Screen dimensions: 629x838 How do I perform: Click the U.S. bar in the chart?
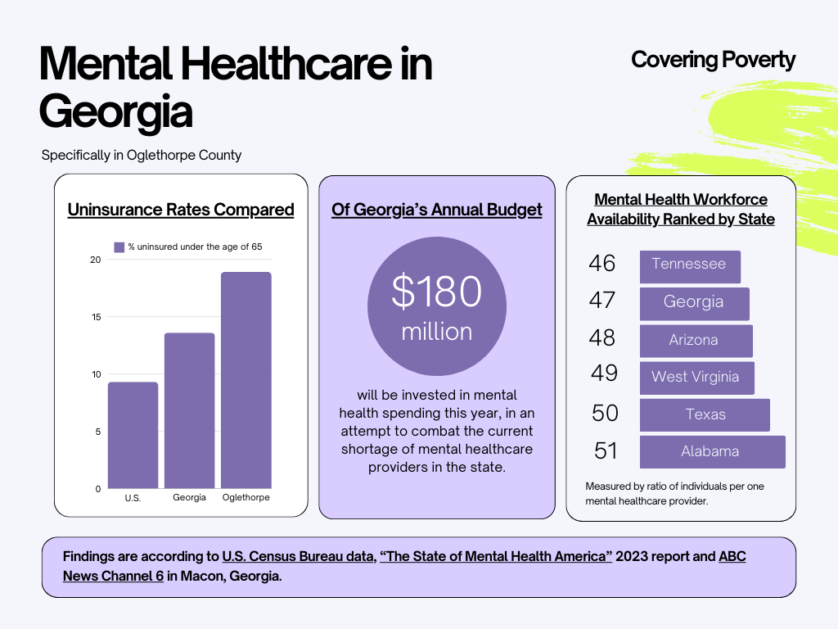coord(133,435)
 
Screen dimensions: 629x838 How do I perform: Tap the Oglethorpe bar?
coord(246,380)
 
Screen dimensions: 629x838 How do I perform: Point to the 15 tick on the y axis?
coord(96,317)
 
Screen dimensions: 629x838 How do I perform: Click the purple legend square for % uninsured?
coord(119,247)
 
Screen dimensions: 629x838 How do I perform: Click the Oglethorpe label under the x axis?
coord(246,498)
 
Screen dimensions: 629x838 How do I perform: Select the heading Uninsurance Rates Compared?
coord(181,210)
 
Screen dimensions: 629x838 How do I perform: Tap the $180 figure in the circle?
coord(437,292)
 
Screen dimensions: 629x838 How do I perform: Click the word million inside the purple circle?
coord(437,332)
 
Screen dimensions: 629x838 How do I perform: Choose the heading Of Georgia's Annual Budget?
coord(437,210)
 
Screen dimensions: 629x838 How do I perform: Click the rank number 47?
coord(602,301)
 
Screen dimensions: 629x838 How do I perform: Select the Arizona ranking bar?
coord(696,340)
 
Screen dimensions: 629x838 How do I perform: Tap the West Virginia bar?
coord(696,378)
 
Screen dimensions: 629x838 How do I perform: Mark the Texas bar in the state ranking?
coord(705,414)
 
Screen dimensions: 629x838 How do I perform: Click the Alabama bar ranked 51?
coord(712,451)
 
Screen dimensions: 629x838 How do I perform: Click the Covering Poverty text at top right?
coord(713,60)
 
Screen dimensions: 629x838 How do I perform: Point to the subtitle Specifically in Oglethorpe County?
coord(142,155)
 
